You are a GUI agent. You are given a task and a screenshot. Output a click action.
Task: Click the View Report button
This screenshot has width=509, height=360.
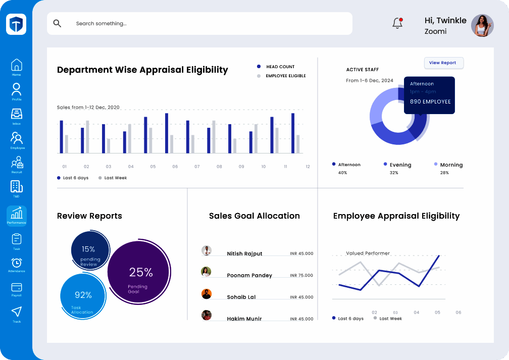[x=443, y=63]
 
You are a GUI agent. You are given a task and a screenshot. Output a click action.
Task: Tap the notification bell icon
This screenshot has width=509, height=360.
[x=397, y=23]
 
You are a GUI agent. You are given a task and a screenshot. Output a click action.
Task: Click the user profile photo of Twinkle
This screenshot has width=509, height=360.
[x=482, y=25]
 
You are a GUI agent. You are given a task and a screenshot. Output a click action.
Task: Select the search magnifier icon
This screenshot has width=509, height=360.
[x=57, y=23]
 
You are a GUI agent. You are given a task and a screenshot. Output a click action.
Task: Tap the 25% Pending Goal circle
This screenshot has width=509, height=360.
[x=139, y=273]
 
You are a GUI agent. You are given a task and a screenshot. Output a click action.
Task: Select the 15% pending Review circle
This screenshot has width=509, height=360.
[x=89, y=251]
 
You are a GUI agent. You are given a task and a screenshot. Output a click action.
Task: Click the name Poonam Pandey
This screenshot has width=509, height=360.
[x=249, y=275]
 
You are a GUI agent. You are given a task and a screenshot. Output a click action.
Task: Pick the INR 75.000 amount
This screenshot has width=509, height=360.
[x=301, y=275]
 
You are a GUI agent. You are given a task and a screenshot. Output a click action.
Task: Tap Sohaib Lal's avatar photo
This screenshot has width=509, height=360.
[x=206, y=294]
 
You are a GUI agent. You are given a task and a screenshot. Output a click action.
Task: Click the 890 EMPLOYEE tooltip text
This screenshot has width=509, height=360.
[x=430, y=101]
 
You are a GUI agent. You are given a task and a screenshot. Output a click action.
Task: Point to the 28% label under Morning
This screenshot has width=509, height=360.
[x=444, y=173]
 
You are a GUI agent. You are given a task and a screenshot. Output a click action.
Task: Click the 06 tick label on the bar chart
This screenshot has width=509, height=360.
[x=175, y=167]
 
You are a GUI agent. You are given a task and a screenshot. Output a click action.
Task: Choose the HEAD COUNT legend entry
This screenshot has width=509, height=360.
[x=280, y=67]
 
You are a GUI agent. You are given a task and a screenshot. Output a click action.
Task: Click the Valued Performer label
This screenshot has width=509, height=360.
[x=368, y=253]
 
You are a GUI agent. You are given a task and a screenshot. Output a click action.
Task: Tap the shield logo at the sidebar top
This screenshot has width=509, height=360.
[x=16, y=24]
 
